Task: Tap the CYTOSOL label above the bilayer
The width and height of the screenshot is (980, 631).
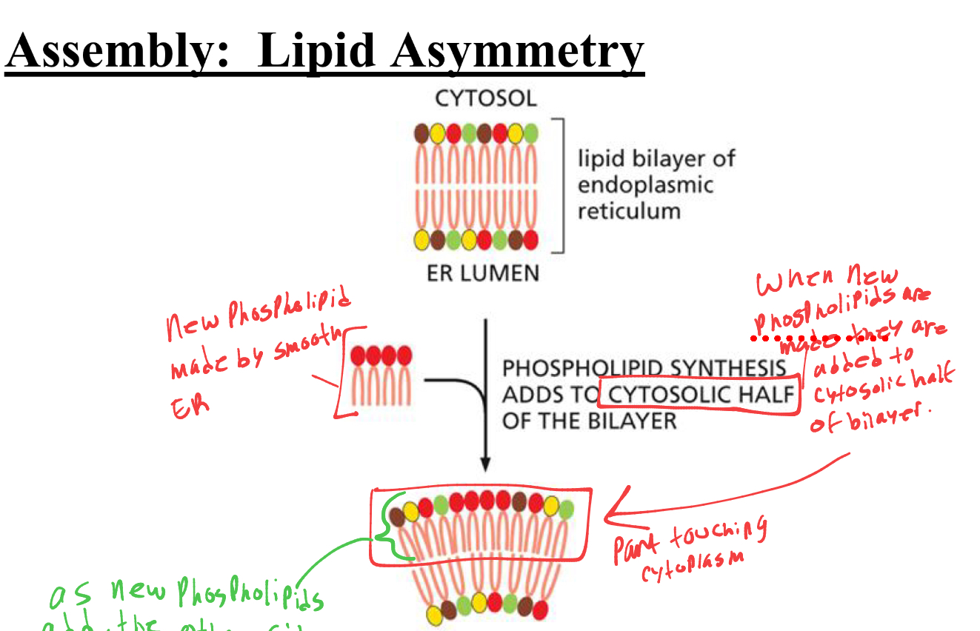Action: (485, 99)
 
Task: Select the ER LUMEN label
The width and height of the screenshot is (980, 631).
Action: (482, 273)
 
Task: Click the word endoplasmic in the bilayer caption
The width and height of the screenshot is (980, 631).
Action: (644, 184)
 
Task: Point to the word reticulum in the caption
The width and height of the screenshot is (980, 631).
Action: (628, 210)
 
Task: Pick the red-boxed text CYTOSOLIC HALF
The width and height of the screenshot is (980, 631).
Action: (700, 395)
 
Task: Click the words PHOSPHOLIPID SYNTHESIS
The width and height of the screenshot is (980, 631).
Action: (643, 369)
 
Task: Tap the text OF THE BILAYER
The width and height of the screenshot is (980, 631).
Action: (589, 421)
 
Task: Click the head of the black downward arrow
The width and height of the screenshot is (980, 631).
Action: (485, 464)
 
